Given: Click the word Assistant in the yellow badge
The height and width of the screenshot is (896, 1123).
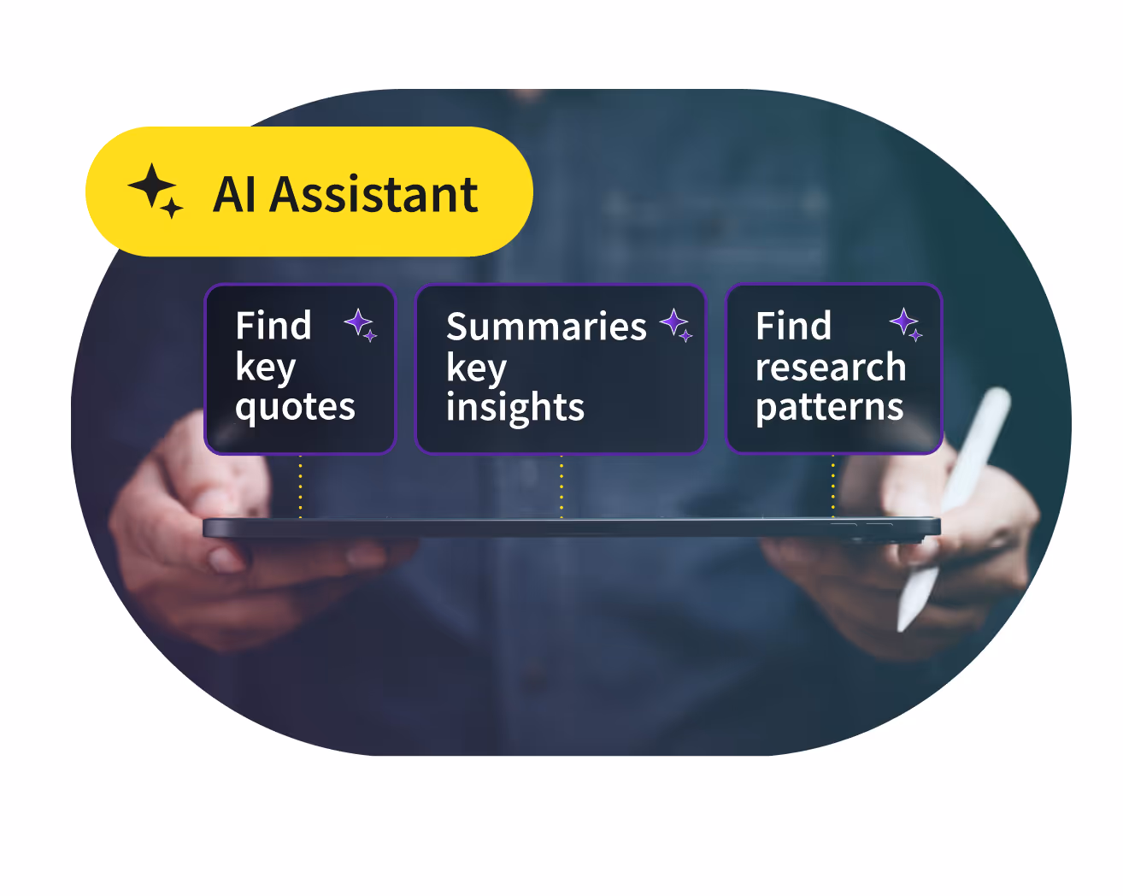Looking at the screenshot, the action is (373, 194).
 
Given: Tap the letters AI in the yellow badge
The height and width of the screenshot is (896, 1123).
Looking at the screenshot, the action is (234, 194).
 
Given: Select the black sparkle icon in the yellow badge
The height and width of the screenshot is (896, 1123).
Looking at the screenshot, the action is (156, 191).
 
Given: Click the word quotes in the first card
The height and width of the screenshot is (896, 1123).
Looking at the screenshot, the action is (295, 407).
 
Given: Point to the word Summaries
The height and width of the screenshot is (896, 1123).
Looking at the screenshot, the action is (546, 327).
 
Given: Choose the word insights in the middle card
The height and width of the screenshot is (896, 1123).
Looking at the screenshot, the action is (515, 407).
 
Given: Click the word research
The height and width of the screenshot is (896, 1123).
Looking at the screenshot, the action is (831, 367).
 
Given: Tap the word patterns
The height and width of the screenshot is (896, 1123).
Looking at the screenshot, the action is (830, 407).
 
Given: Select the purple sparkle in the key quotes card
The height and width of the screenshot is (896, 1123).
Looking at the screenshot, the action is (361, 325).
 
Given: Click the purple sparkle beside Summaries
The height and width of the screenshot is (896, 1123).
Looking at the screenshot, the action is (676, 325).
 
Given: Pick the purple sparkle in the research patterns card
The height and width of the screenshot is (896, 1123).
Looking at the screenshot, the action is (906, 324).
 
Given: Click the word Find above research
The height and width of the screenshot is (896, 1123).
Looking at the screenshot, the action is (793, 326).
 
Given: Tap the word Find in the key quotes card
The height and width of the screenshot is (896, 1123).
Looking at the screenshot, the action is (273, 326).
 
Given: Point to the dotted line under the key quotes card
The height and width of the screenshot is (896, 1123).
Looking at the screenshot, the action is (300, 486).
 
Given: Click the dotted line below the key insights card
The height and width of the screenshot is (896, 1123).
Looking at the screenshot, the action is (561, 486).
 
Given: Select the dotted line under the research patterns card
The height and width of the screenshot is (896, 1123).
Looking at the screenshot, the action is (833, 486).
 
